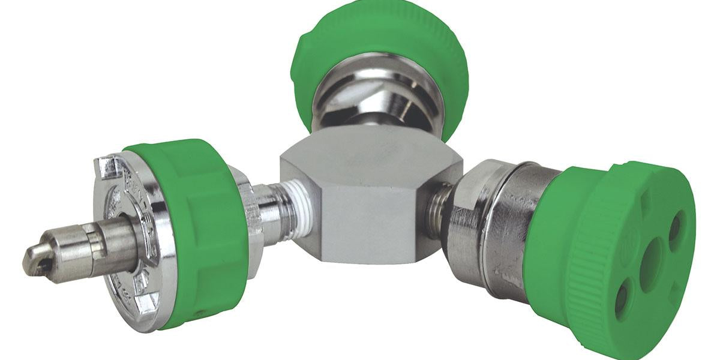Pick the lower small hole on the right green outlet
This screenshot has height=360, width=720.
pos(622,299)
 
